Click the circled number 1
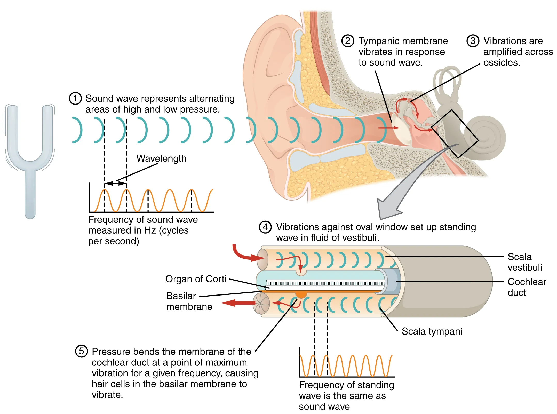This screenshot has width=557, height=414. (75, 98)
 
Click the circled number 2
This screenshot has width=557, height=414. (348, 41)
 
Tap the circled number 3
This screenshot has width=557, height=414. (473, 41)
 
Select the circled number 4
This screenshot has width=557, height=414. (265, 227)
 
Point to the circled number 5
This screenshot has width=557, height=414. (81, 351)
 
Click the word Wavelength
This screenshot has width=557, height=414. (161, 158)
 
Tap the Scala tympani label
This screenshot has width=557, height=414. (432, 331)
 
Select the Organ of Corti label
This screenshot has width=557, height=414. (196, 279)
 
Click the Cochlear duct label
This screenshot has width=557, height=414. (527, 287)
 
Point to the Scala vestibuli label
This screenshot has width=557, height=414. (524, 262)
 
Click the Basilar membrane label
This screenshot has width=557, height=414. (189, 301)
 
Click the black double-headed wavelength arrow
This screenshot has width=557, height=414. (115, 184)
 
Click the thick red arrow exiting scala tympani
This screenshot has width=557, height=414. (237, 303)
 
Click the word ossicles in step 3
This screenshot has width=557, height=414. (501, 63)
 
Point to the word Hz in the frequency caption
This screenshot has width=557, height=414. (150, 230)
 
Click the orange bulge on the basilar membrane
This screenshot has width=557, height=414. (301, 294)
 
